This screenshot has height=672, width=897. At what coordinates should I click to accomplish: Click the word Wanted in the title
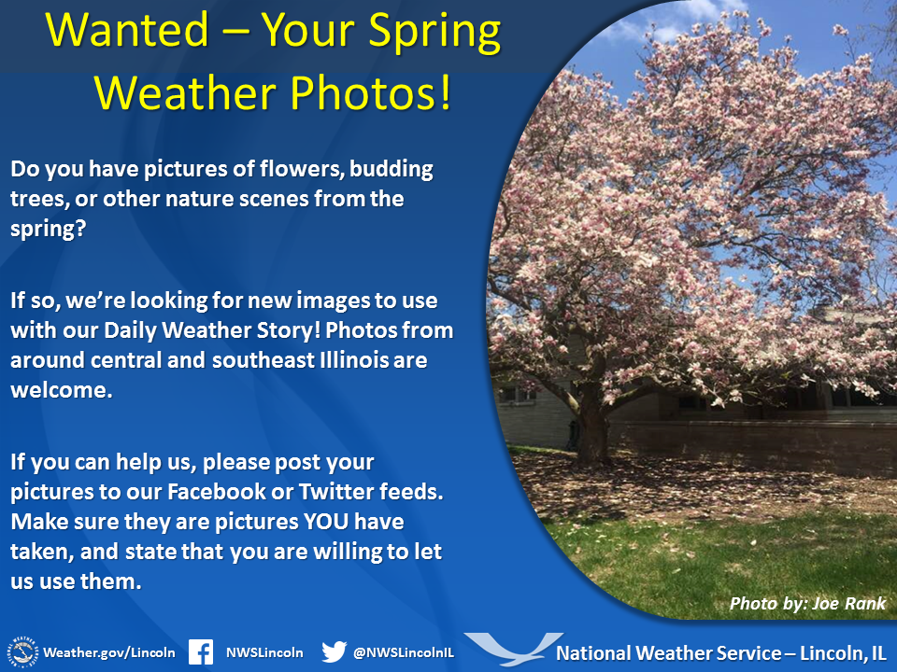click(x=123, y=32)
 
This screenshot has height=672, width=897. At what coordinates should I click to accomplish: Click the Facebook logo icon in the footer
click(x=201, y=651)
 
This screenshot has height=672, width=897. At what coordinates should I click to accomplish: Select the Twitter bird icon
click(x=334, y=651)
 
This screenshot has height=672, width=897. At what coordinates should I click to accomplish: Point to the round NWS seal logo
click(x=22, y=651)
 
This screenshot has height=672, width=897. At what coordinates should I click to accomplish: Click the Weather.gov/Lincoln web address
click(x=109, y=651)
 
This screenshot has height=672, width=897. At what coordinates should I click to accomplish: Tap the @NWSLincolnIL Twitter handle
click(x=403, y=651)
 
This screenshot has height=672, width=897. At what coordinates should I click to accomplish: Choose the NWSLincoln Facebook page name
click(x=264, y=651)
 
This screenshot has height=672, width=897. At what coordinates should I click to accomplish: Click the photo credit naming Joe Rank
click(x=807, y=603)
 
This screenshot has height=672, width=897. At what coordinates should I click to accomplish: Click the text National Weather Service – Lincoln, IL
click(x=721, y=651)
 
